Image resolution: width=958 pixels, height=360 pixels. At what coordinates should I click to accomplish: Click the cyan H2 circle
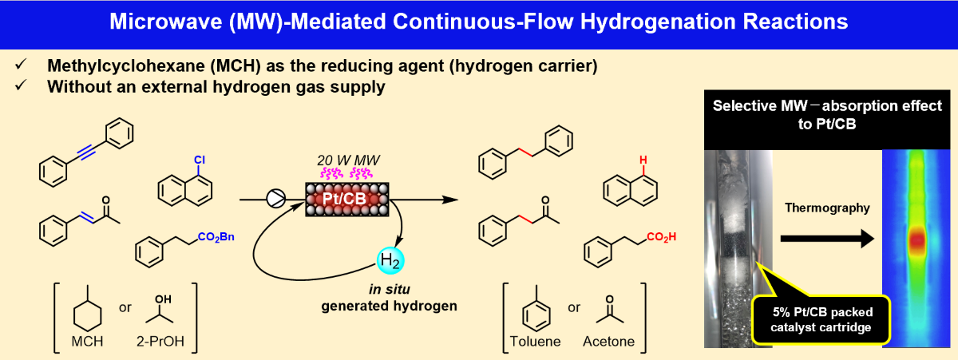(x=391, y=262)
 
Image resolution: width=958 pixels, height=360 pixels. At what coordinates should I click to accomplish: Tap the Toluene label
(x=534, y=342)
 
